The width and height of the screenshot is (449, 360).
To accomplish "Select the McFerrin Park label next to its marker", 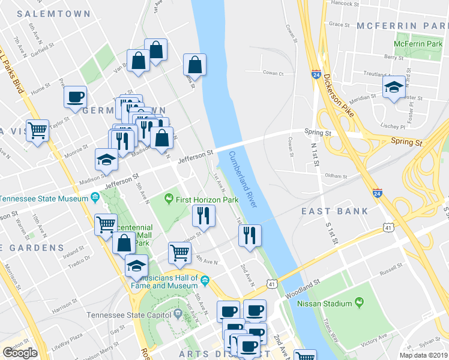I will pyautogui.click(x=418, y=44).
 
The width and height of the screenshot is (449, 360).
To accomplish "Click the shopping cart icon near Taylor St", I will pyautogui.click(x=38, y=130).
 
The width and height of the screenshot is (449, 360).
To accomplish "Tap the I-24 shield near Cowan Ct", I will pyautogui.click(x=316, y=74).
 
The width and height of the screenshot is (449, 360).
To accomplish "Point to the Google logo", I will pyautogui.click(x=20, y=352).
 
